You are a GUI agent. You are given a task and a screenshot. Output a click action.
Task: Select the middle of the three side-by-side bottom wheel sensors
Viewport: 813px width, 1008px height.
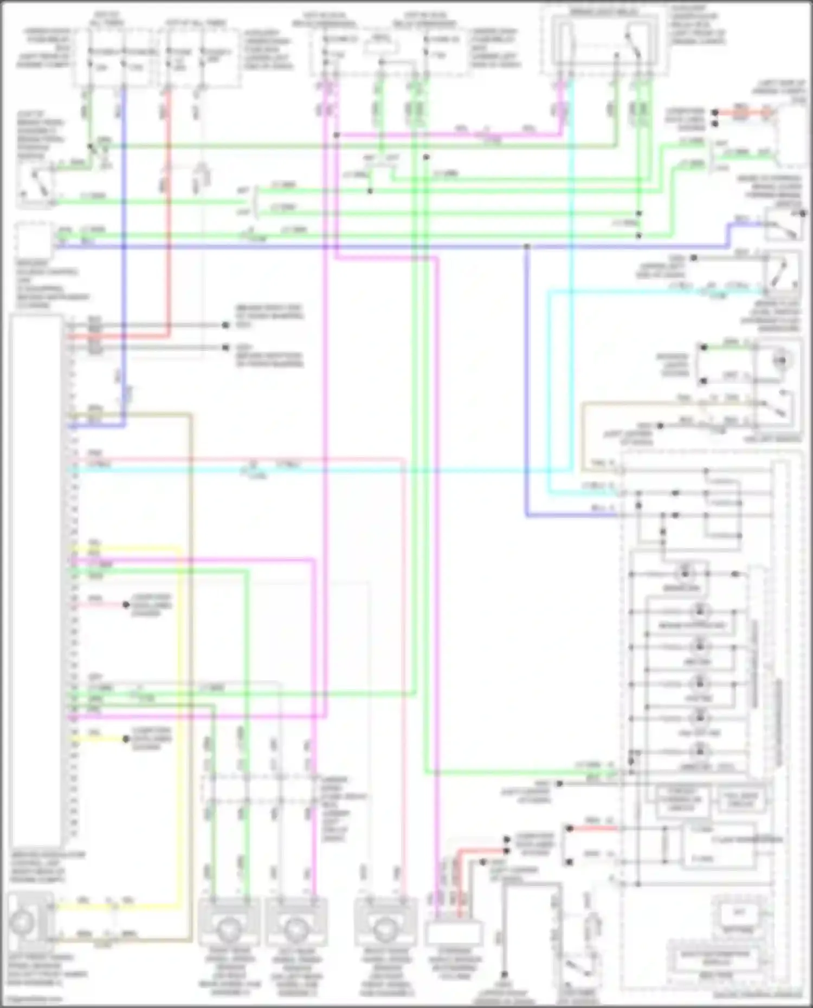pyautogui.click(x=296, y=928)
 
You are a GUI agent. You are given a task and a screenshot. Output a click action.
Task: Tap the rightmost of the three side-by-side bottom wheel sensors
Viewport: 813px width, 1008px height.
pyautogui.click(x=385, y=928)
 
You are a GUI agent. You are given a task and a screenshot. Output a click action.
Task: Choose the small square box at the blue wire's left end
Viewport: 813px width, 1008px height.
pyautogui.click(x=34, y=239)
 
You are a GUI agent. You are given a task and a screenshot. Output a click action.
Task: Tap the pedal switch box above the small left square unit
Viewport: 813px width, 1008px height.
pyautogui.click(x=36, y=186)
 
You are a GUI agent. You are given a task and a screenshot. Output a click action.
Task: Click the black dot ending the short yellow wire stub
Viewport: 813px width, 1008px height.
pyautogui.click(x=126, y=739)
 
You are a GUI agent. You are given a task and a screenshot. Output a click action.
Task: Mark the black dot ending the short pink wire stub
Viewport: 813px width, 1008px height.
pyautogui.click(x=126, y=604)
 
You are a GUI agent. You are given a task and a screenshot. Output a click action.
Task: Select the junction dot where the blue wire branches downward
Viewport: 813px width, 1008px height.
pyautogui.click(x=526, y=246)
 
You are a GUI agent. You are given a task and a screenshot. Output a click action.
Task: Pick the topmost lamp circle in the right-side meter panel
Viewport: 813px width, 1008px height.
pyautogui.click(x=685, y=573)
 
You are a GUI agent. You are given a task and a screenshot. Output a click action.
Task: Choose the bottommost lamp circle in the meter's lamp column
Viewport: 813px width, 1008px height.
pyautogui.click(x=700, y=752)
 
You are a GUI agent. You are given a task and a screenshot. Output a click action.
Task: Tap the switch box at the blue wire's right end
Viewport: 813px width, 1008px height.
pyautogui.click(x=784, y=224)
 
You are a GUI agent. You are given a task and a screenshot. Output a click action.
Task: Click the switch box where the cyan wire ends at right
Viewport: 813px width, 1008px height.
pyautogui.click(x=782, y=276)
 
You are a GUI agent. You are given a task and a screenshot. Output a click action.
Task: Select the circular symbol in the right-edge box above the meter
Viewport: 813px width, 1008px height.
pyautogui.click(x=780, y=360)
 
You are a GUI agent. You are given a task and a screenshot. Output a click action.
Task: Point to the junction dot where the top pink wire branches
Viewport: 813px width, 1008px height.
pyautogui.click(x=336, y=135)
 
